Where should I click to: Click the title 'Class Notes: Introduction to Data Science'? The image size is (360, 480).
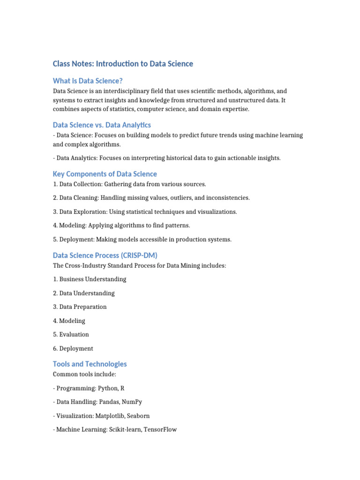123,64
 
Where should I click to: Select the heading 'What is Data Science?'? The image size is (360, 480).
88,81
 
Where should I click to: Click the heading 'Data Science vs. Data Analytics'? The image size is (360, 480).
102,125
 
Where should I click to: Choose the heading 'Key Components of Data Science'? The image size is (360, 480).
105,174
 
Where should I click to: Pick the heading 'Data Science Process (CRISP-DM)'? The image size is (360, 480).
105,255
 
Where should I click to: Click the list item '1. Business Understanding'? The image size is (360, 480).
90,279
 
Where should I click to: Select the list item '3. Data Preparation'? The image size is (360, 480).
80,307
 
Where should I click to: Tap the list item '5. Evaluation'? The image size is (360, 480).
71,334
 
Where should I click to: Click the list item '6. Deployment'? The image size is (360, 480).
73,348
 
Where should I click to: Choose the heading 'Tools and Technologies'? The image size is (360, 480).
90,364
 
